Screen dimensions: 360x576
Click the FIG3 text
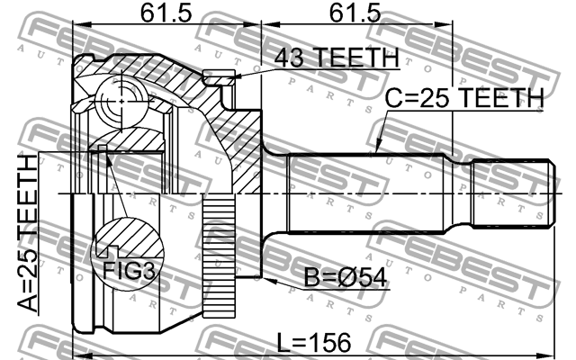click(x=122, y=267)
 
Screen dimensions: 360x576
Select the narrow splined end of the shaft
click(x=512, y=193)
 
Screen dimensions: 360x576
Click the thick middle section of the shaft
click(x=369, y=193)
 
